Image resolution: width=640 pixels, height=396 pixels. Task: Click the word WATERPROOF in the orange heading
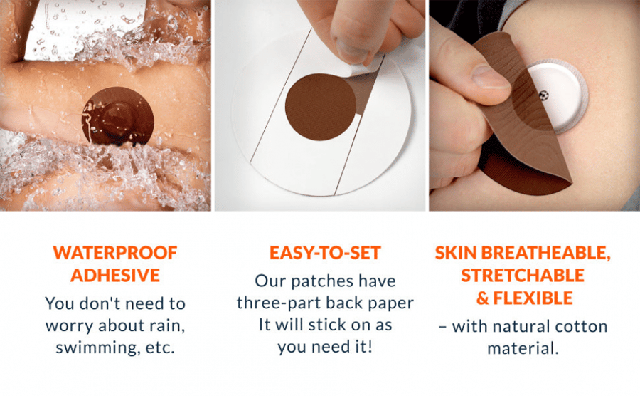[115, 253]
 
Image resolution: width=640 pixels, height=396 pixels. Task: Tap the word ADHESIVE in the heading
[115, 275]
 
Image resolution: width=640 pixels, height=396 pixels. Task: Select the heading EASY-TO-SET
[325, 253]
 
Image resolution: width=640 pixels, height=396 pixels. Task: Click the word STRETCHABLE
[523, 275]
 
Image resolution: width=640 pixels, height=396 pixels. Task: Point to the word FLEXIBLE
[533, 298]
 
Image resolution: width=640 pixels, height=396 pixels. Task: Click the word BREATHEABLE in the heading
[545, 253]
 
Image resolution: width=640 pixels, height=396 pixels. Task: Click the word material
[523, 348]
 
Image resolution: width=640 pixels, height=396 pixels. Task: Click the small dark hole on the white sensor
[543, 95]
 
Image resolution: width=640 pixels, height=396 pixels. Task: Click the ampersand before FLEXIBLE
[482, 298]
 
